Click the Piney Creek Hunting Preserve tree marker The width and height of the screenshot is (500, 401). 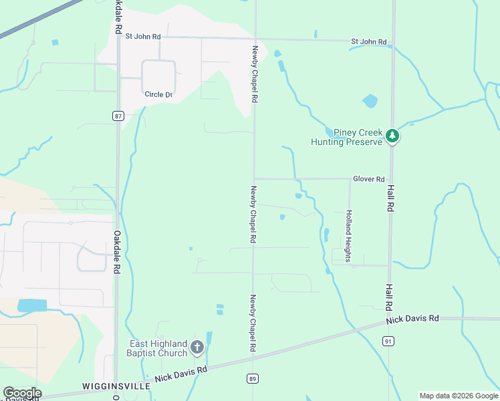[392, 136]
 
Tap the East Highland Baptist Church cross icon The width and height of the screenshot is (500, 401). [197, 347]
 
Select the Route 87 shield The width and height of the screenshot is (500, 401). [118, 116]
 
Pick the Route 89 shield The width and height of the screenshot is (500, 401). [253, 379]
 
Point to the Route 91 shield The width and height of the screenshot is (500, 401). [388, 340]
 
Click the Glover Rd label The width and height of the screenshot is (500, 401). [369, 179]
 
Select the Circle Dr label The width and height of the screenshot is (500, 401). [158, 94]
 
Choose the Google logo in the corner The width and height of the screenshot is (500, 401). [22, 393]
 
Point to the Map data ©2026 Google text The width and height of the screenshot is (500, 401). [458, 396]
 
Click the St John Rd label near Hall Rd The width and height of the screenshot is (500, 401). [369, 42]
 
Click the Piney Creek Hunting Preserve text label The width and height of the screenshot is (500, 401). [346, 136]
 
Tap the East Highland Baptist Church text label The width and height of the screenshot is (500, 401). [158, 348]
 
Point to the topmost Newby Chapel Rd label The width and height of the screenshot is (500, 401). [255, 73]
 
